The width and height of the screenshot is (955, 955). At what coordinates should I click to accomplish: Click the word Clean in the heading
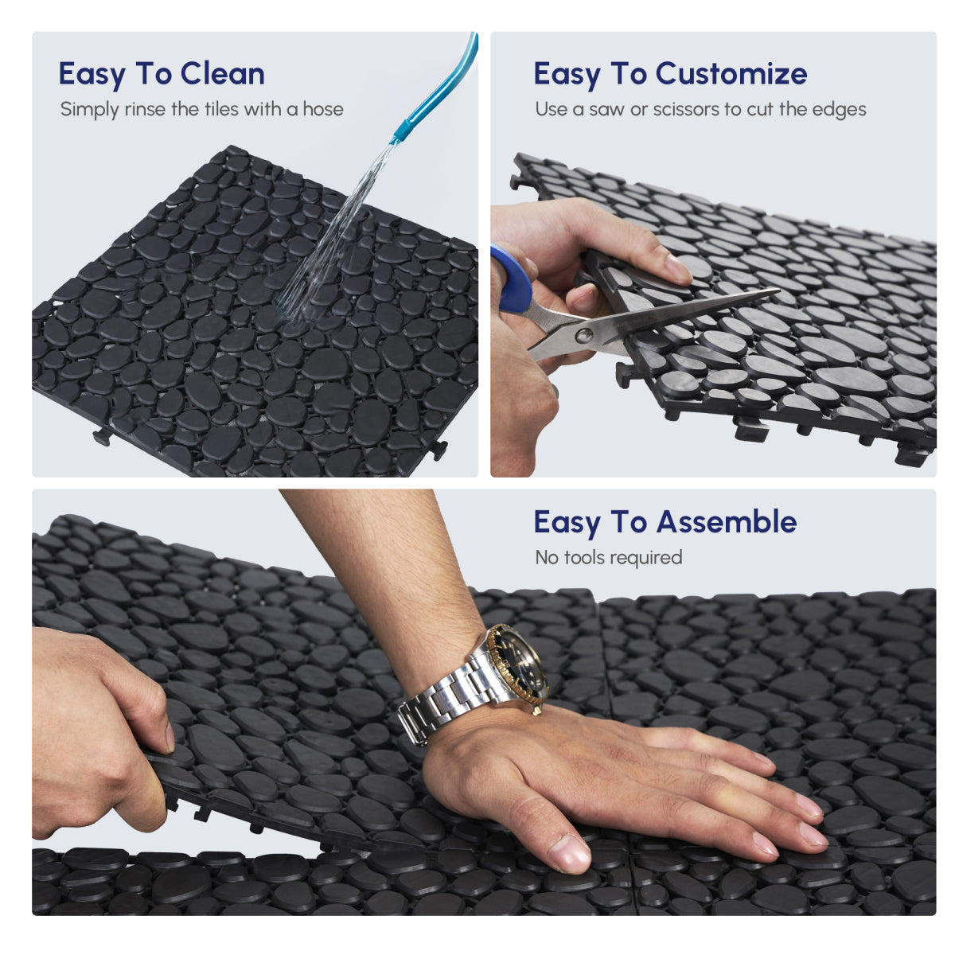[222, 74]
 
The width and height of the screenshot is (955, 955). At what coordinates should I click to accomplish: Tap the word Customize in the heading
[731, 74]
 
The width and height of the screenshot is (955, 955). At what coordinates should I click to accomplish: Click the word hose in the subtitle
[322, 109]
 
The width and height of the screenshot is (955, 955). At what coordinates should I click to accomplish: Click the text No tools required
[608, 558]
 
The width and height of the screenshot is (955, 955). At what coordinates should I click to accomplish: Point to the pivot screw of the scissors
[586, 335]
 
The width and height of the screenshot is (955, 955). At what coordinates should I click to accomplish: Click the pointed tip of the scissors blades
[776, 291]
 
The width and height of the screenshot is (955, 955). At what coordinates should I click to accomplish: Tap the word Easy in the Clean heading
[92, 74]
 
